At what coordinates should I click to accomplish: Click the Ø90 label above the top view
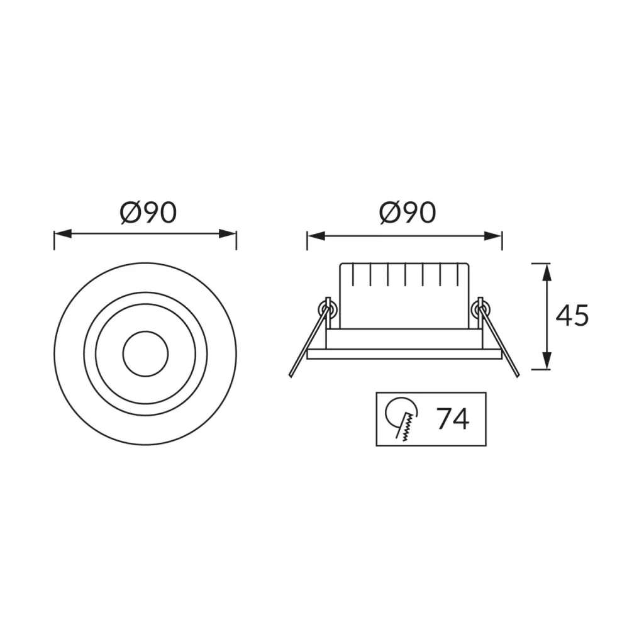click(148, 213)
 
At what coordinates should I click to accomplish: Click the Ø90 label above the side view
click(408, 213)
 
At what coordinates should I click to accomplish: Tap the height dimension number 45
click(572, 316)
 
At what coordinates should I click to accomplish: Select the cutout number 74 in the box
click(452, 419)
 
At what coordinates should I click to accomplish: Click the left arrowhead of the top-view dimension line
click(62, 234)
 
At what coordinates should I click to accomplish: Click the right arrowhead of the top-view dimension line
click(228, 234)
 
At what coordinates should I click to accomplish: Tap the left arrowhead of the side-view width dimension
click(316, 236)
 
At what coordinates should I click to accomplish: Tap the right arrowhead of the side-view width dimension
click(493, 236)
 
